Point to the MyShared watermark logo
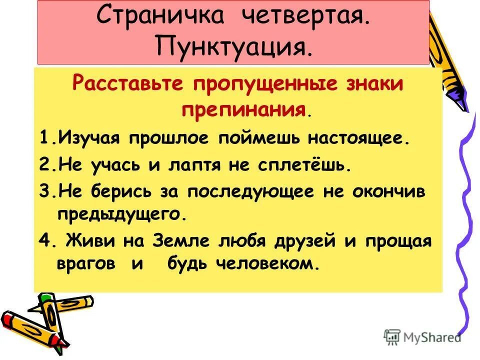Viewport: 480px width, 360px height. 422,336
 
